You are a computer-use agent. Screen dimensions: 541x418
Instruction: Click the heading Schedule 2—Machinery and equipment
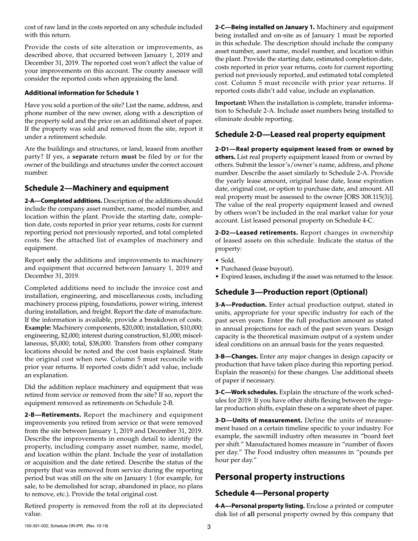point(96,188)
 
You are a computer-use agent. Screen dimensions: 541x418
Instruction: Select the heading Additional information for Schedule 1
point(81,93)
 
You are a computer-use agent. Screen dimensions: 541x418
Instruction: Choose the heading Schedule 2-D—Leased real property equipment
point(300,135)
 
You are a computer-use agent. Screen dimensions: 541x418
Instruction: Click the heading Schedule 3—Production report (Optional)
point(291,292)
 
